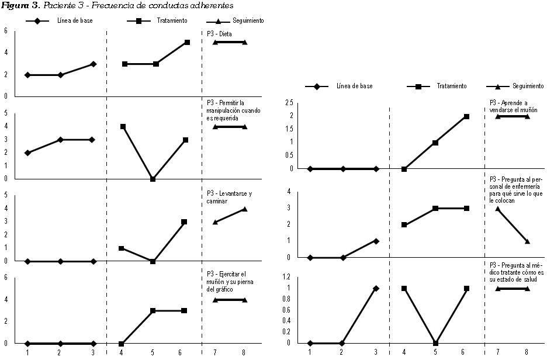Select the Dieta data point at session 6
[188, 42]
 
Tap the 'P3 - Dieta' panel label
[220, 33]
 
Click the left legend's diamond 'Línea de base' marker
[37, 20]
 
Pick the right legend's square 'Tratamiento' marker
[418, 86]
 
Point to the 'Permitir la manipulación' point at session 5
[152, 179]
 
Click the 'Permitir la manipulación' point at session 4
[123, 126]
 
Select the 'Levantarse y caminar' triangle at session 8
[245, 209]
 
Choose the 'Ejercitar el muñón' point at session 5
[152, 311]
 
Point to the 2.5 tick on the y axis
[289, 103]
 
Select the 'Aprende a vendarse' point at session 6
[466, 116]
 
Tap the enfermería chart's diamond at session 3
[376, 241]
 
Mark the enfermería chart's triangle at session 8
[527, 241]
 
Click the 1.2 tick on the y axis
[289, 277]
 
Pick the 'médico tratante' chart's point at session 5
[435, 343]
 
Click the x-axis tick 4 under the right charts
[404, 352]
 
